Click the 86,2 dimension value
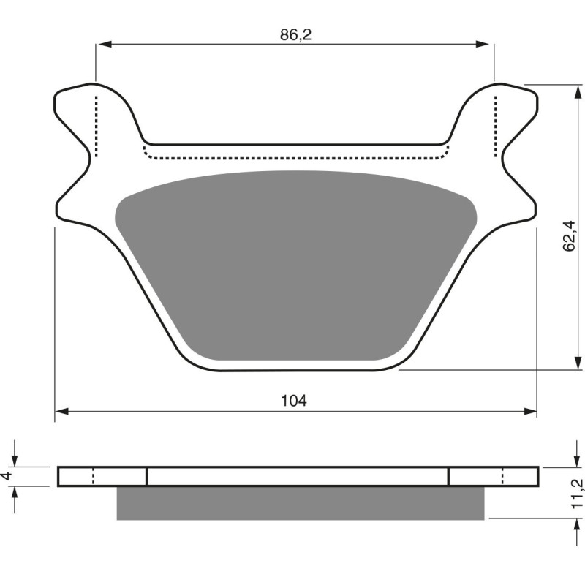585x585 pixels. pos(295,34)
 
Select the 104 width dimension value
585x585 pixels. pos(294,400)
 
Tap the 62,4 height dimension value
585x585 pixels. pos(572,235)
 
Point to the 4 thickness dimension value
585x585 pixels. pos(8,476)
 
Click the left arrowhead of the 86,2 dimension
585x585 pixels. pos(102,45)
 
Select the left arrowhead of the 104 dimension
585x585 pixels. pos(62,412)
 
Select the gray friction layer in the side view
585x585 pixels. pos(300,503)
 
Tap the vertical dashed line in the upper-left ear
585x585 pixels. pos(96,124)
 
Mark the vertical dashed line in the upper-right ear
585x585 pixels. pos(497,124)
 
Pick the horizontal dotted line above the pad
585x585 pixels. pos(295,158)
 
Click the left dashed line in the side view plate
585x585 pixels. pos(93,476)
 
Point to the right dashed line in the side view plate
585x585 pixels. pos(503,476)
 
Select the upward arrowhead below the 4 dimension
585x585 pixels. pos(15,491)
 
